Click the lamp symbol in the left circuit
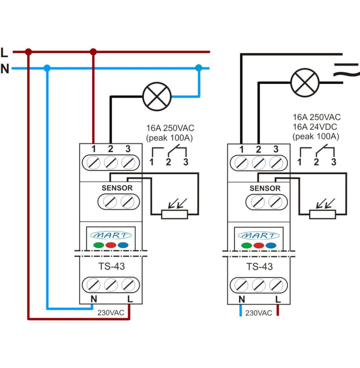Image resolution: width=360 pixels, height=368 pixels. pos(157,96)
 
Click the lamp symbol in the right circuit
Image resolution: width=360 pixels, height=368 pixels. pos(305,82)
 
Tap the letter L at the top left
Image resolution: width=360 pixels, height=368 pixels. pos(4,53)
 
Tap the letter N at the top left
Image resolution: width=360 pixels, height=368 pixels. pos(4,69)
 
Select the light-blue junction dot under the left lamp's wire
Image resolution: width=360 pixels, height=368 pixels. pos(199,68)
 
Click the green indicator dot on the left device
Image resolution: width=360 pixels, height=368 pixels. pos(99,245)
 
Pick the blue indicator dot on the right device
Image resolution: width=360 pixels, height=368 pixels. pos(271,245)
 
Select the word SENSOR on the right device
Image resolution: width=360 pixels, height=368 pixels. pos(265,188)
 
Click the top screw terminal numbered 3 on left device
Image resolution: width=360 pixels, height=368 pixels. pos(127,163)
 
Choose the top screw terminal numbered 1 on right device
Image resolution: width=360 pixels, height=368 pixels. pos(241,163)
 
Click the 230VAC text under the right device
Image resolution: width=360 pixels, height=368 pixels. pos(259,313)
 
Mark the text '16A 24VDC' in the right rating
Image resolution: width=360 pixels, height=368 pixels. pos(317,127)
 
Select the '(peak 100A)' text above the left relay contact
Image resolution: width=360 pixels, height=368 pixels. pos(170,138)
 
